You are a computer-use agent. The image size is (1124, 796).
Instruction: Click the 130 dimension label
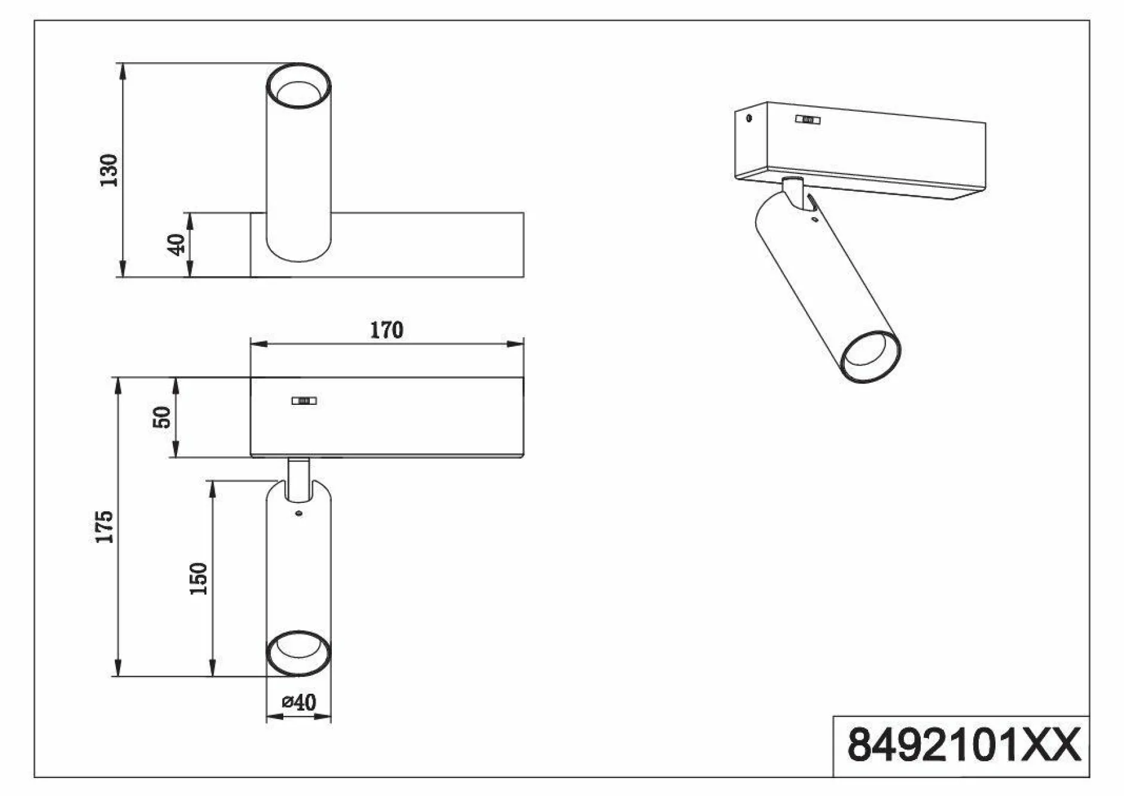click(109, 170)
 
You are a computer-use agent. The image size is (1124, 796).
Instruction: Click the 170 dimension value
click(386, 330)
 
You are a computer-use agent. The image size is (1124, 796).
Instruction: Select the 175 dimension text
click(104, 527)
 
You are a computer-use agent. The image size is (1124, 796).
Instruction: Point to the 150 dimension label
click(198, 578)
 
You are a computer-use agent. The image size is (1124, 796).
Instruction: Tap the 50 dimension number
click(162, 417)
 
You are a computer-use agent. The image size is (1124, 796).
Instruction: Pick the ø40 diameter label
click(299, 702)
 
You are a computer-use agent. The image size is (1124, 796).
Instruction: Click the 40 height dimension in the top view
click(176, 245)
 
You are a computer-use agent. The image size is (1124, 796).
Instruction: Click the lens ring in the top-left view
click(298, 87)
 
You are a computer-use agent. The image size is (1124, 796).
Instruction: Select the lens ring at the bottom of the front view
click(298, 654)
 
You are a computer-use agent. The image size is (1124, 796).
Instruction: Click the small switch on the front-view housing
click(304, 401)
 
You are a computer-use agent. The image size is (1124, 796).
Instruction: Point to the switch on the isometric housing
click(808, 120)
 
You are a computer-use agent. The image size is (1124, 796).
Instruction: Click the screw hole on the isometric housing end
click(749, 118)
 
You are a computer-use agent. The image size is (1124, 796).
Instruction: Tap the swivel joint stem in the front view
click(298, 479)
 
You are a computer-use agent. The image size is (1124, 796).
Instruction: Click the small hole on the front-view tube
click(299, 513)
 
